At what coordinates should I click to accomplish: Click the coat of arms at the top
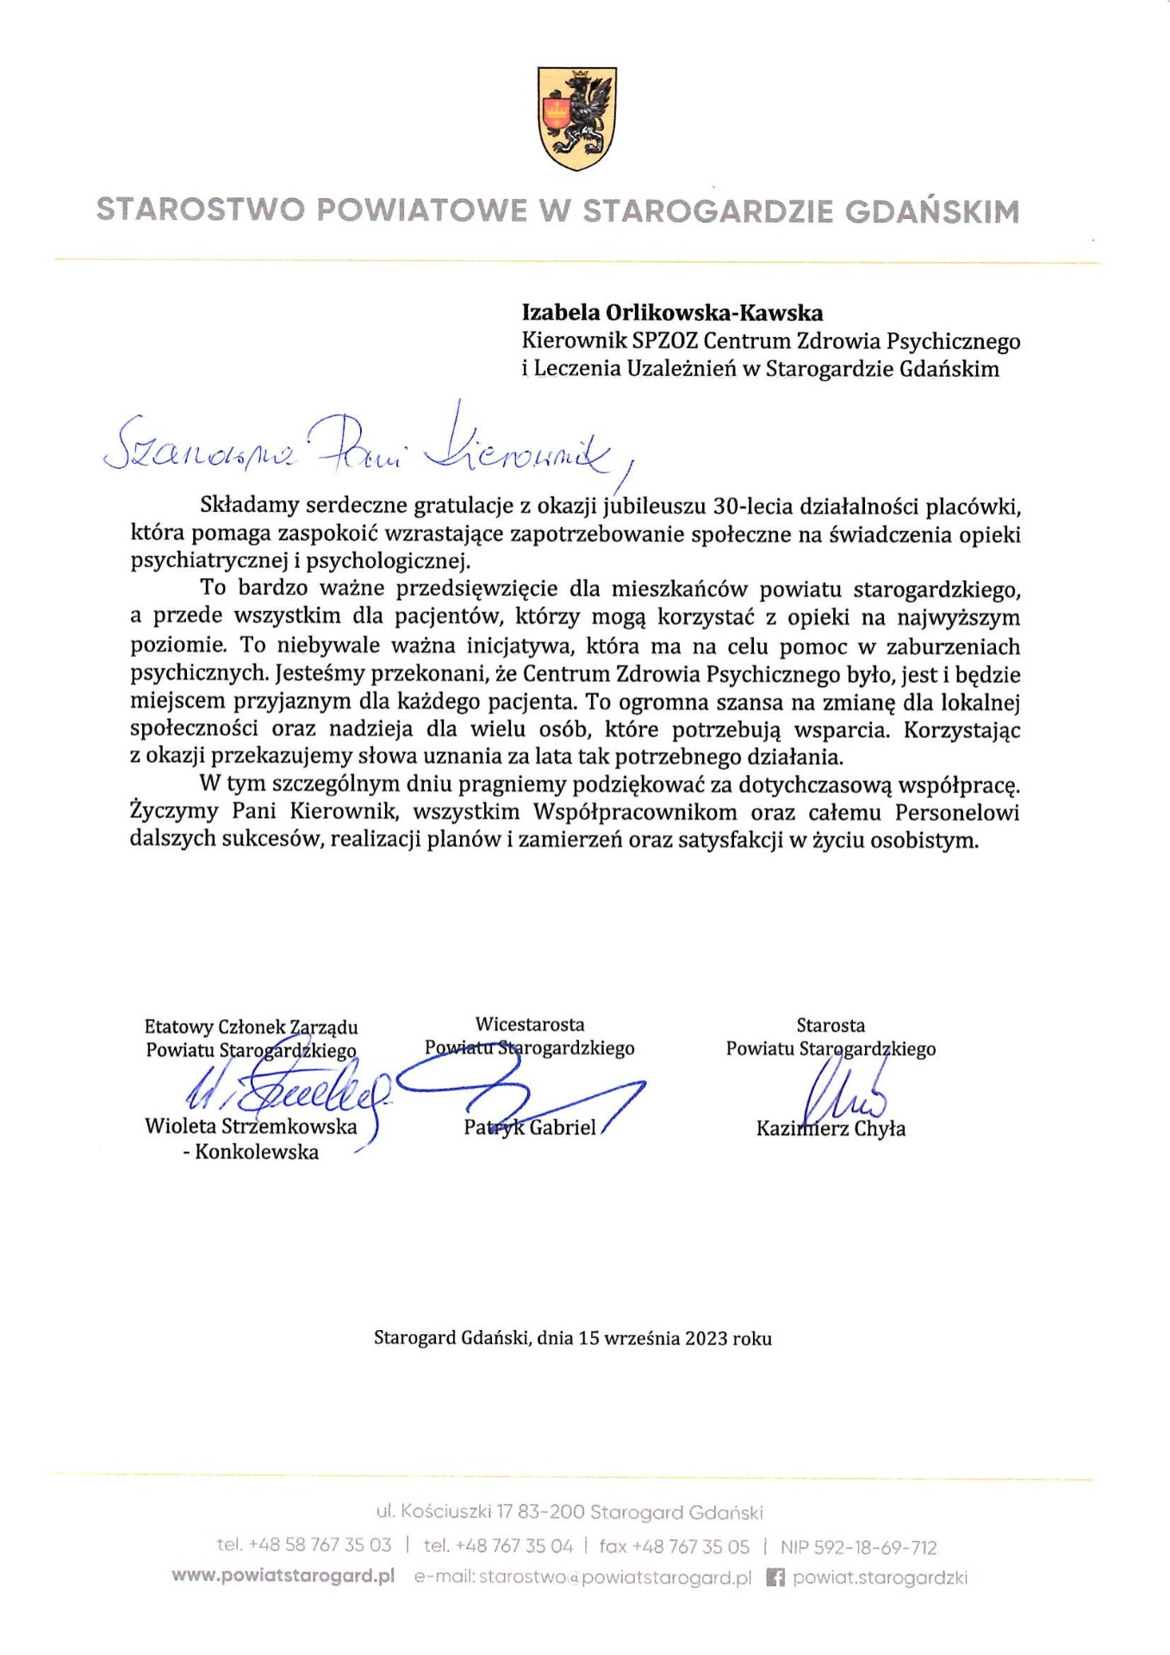coord(577,118)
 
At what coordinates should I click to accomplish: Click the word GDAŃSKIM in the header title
coord(931,211)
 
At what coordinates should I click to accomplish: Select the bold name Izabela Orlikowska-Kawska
coord(672,313)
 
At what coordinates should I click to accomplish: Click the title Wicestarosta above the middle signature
coord(529,1025)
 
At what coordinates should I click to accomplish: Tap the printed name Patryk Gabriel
coord(529,1127)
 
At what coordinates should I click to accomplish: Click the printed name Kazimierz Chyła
coord(831,1128)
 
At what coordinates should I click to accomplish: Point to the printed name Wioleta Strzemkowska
coord(251,1126)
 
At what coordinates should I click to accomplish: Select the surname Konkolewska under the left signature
coord(257,1152)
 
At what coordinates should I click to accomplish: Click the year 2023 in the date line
coord(706,1339)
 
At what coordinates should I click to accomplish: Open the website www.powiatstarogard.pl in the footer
coord(283,1577)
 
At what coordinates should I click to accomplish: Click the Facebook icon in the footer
coord(775,1577)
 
